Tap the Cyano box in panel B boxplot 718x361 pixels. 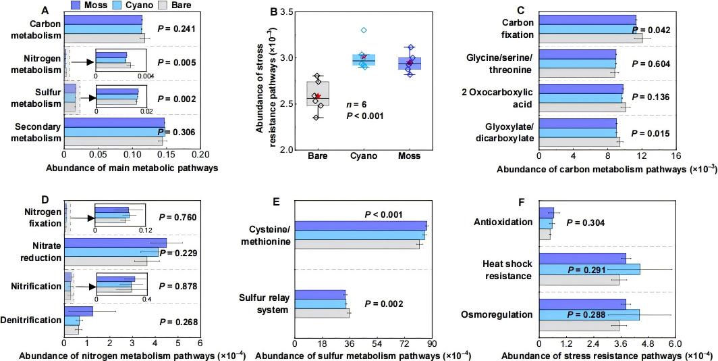coord(364,60)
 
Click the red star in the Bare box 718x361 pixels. coord(318,96)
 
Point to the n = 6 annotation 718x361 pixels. coord(358,105)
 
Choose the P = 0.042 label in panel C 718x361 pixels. coord(651,30)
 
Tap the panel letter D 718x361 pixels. coord(45,199)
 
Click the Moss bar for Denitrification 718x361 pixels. coord(78,312)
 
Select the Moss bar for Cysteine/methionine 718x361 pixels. coord(361,226)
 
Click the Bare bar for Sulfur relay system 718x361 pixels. coord(323,313)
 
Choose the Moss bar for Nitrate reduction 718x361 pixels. coord(115,243)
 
